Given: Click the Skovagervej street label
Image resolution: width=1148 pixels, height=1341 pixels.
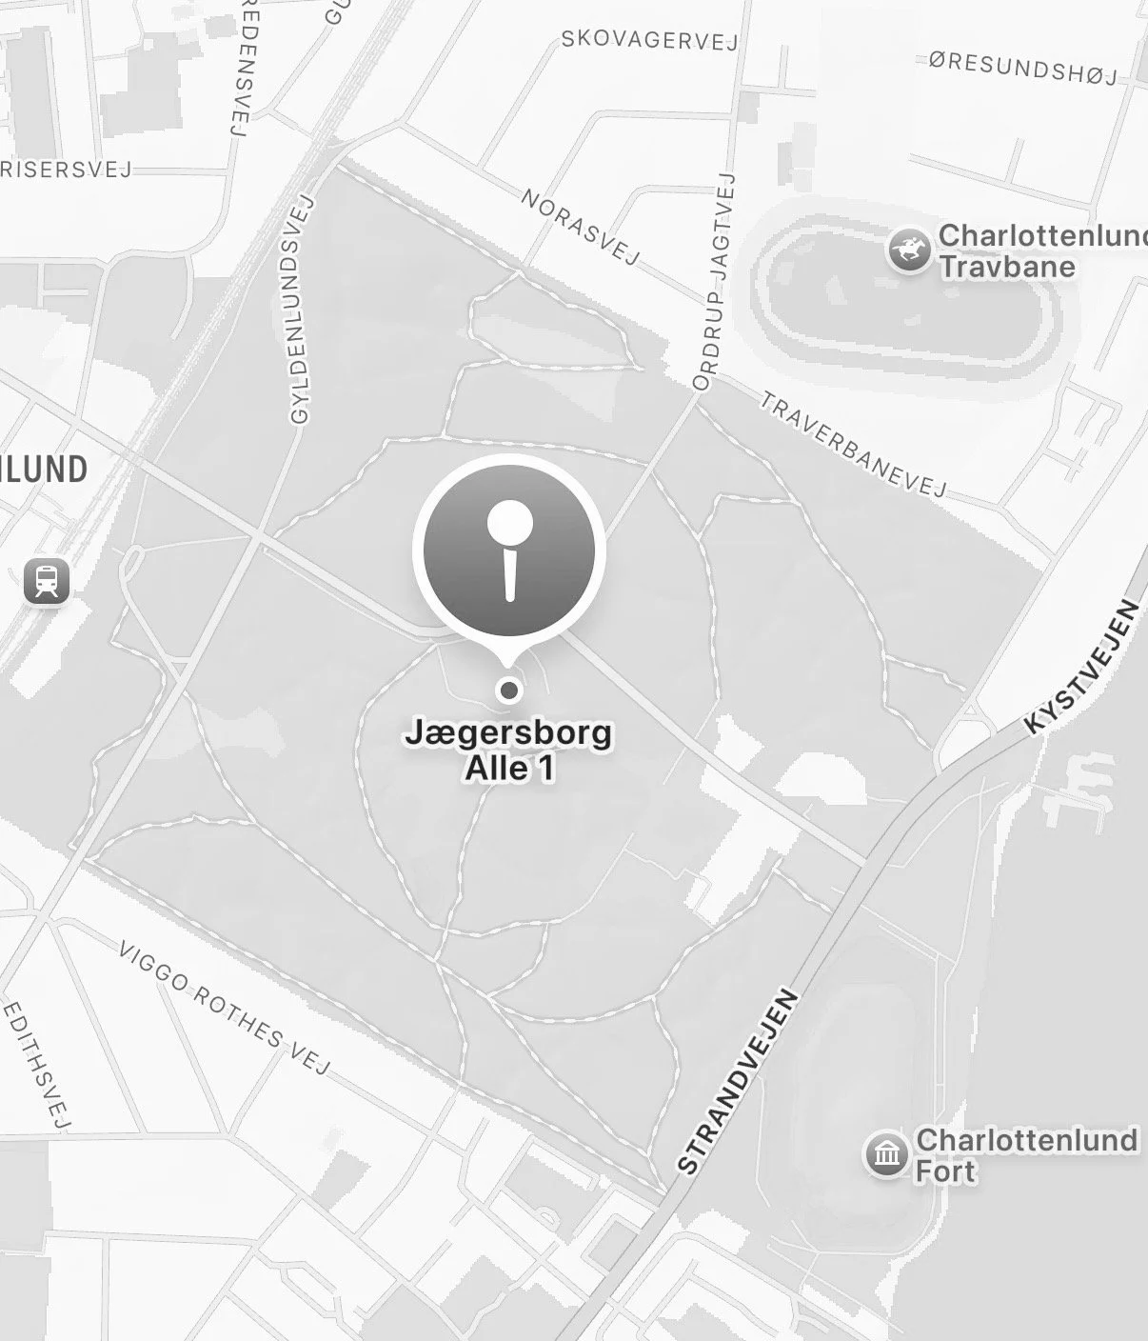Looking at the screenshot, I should pos(649,40).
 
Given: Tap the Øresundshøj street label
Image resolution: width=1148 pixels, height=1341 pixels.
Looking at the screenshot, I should pos(1023,67).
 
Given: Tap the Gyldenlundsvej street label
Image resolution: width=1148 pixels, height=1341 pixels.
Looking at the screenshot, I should pos(301,310).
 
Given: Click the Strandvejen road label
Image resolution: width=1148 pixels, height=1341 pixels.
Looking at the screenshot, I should pos(738,1082).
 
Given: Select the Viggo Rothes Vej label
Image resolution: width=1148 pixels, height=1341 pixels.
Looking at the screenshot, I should pos(225,1009).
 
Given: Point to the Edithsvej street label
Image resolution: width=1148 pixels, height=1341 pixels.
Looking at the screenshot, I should pos(38,1064).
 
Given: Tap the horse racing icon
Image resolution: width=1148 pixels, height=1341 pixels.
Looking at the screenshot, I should pos(909,250).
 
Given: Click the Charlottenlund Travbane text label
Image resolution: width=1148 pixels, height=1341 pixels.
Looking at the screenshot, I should pos(1040,250).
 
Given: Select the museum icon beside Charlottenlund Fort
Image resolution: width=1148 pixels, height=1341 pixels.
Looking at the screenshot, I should pos(887,1154).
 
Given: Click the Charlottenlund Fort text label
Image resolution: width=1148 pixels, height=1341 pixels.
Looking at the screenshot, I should pos(1026,1154).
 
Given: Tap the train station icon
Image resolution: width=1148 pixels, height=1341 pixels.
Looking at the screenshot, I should pos(47,580).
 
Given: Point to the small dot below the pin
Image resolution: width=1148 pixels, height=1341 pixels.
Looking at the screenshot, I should pos(510,689).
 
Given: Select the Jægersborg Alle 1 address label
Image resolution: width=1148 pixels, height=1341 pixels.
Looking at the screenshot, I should pos(509,751).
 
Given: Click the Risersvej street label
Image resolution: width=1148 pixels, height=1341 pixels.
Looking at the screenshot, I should pos(67,170).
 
